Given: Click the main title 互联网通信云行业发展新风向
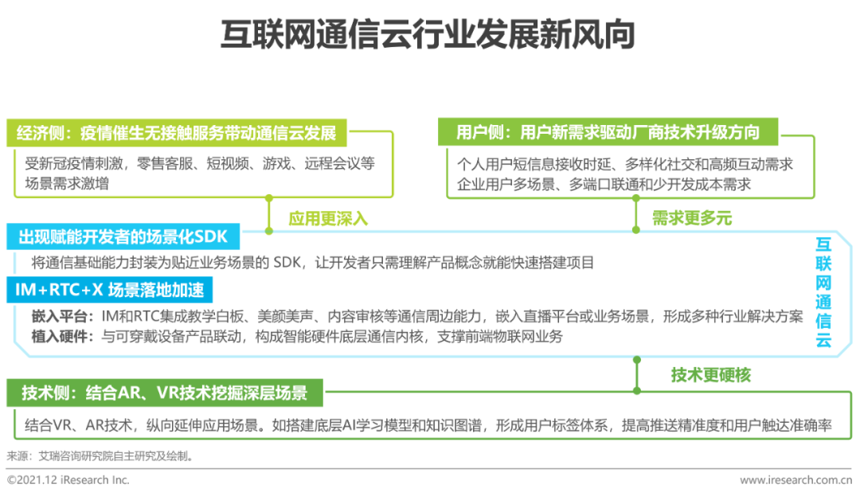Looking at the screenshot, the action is [428, 34].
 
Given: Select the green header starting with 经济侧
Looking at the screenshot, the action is [177, 133].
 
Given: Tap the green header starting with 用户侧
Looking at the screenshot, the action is [608, 132].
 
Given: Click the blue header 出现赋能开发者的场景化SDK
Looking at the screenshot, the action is [123, 236].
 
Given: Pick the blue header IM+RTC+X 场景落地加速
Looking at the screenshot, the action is [109, 289].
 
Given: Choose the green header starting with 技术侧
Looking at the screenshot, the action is [165, 393].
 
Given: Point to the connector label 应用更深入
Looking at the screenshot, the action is [328, 219].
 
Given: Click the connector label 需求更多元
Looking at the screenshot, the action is [692, 218].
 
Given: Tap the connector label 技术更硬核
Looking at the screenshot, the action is [711, 375].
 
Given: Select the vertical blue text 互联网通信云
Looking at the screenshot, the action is [823, 292].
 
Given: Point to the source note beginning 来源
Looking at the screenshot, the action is [100, 456].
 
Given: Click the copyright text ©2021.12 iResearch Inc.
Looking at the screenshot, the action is [68, 480].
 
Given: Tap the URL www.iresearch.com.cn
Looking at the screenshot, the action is [795, 480].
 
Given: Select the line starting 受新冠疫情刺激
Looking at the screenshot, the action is [200, 163].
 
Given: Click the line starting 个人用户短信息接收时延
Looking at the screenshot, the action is [625, 164].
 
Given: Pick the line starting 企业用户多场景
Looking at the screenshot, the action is [604, 185].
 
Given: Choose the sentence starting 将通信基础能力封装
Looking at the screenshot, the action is [313, 263].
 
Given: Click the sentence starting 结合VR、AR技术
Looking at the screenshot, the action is [428, 425].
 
